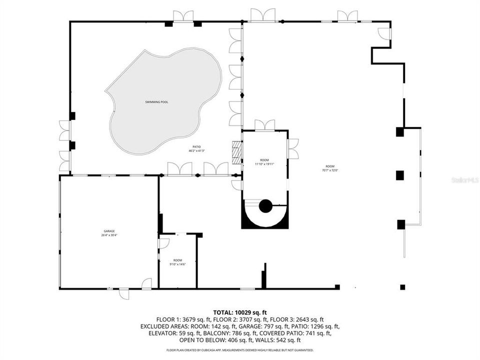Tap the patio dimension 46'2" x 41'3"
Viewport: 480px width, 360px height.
point(197,148)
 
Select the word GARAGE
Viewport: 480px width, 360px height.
point(109,231)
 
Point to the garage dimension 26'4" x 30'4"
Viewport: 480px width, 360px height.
point(109,235)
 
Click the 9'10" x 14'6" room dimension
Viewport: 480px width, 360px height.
point(177,264)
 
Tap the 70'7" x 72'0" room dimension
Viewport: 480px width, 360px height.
point(329,170)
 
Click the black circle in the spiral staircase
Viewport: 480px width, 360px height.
point(264,205)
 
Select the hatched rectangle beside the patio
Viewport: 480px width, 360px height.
point(236,152)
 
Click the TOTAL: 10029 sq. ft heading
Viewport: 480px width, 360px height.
point(240,311)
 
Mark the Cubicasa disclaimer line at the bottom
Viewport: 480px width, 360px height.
point(240,350)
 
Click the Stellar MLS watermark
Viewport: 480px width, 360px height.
point(464,179)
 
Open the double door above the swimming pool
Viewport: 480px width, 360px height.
point(183,16)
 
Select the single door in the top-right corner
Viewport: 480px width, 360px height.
point(384,33)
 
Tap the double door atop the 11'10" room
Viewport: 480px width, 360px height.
point(264,125)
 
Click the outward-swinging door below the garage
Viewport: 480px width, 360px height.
point(123,294)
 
